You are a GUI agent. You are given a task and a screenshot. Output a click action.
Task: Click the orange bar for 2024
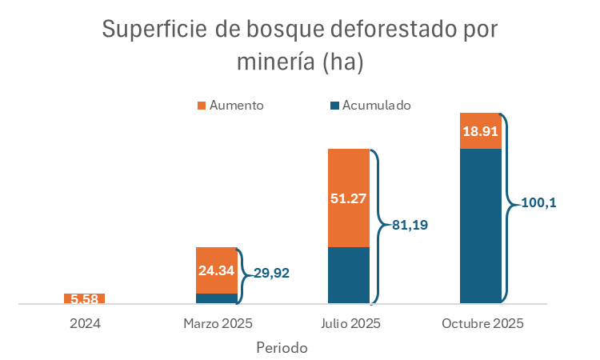[84, 298]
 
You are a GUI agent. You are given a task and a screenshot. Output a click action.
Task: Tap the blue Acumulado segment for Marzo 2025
[217, 298]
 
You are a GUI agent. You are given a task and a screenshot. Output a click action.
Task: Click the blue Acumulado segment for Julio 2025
[349, 275]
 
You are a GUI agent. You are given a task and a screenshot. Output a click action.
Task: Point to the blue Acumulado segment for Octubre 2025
[481, 226]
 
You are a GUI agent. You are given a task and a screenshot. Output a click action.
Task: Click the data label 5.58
[84, 299]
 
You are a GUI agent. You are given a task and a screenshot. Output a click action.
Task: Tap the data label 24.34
[217, 270]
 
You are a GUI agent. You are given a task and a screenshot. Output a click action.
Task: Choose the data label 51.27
[349, 198]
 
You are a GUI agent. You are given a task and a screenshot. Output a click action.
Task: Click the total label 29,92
[271, 273]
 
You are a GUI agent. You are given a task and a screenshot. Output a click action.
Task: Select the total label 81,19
[410, 225]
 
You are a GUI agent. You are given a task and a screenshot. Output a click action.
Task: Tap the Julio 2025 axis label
[349, 324]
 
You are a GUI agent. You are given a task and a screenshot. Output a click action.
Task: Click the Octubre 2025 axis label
[482, 324]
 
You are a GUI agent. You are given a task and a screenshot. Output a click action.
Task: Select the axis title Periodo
[282, 348]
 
